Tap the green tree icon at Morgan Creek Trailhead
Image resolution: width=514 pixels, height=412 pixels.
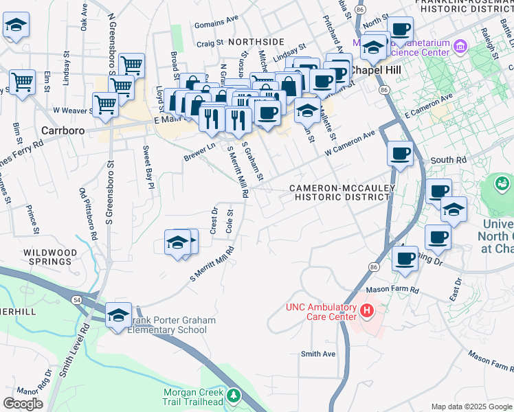234,396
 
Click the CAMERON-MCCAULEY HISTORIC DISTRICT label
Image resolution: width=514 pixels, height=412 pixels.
339,192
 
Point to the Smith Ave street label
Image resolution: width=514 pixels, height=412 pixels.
318,354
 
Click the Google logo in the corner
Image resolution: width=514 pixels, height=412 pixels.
23,404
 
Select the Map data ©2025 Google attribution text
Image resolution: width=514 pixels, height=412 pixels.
471,407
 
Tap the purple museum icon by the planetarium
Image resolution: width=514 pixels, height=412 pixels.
460,47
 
